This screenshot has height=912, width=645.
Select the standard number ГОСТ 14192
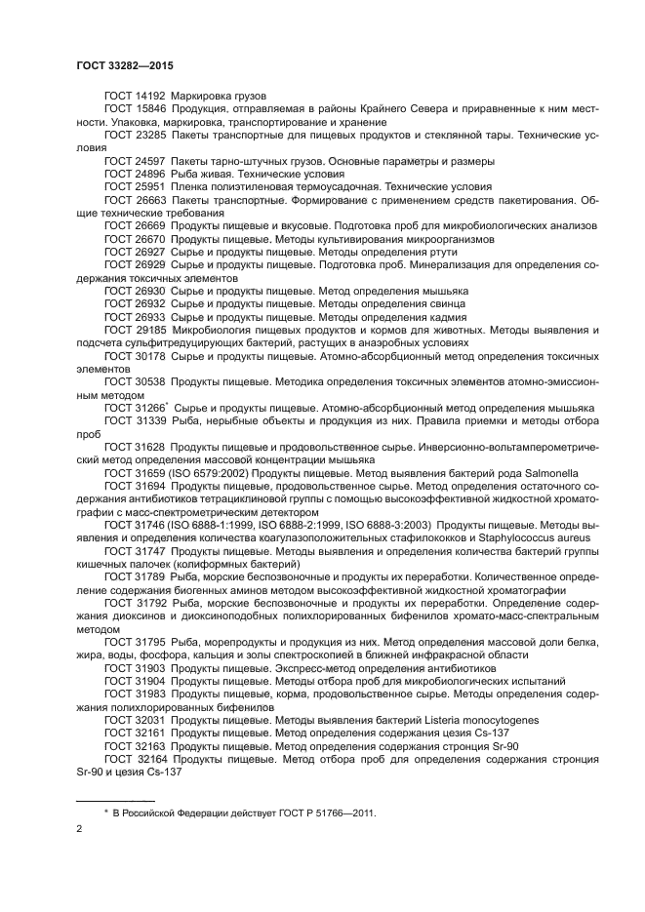135,98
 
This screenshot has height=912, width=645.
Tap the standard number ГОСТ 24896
135,173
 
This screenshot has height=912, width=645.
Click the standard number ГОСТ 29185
135,332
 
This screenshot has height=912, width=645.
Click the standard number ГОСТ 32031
135,720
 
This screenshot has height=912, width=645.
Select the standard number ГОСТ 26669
135,224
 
